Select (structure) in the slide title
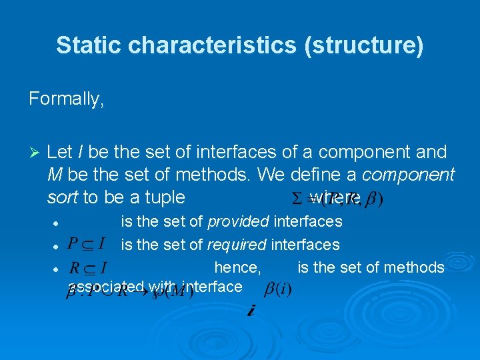pos(377,45)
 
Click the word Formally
pos(66,99)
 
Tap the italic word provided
pos(239,221)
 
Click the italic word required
pos(238,245)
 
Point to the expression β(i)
pos(278,289)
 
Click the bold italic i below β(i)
pos(250,311)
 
